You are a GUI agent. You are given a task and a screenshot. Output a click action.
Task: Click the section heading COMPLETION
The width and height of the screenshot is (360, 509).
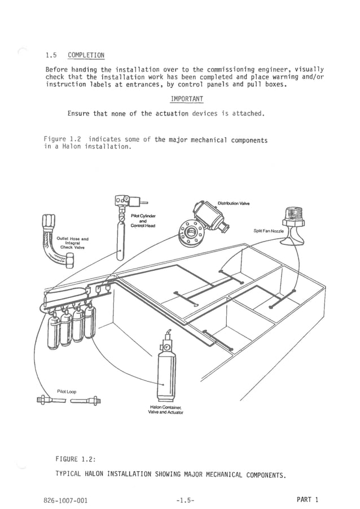(x=86, y=55)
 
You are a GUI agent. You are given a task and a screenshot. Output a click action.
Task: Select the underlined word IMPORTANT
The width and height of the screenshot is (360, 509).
(x=187, y=99)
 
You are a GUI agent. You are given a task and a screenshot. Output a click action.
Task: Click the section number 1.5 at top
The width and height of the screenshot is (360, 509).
(x=52, y=55)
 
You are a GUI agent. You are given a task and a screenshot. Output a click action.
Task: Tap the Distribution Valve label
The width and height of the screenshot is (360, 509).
(x=233, y=203)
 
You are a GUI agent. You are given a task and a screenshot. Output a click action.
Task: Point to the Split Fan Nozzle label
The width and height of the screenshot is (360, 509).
(x=268, y=231)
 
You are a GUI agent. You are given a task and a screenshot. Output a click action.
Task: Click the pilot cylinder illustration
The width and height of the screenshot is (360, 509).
(x=121, y=237)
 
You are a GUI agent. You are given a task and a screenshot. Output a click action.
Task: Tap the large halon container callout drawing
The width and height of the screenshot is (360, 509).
(x=166, y=367)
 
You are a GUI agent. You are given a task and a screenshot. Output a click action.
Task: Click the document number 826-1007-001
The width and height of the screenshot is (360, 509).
(x=65, y=500)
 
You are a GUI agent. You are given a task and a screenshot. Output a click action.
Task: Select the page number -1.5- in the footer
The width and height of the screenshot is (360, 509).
(x=186, y=500)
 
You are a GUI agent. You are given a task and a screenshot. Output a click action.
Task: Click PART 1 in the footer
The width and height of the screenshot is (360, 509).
(x=307, y=499)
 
